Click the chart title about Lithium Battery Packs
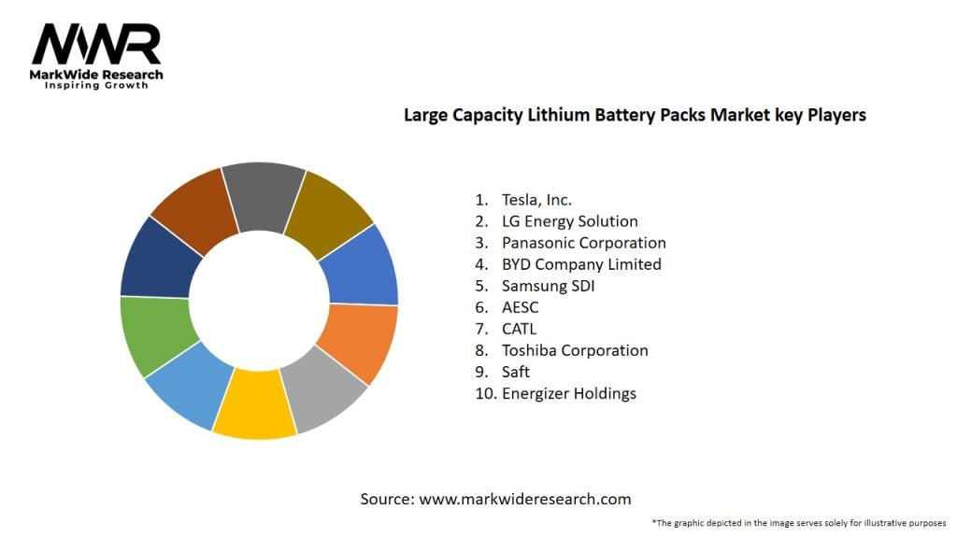tap(635, 115)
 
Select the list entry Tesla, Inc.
tap(536, 199)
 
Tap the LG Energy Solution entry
tap(569, 221)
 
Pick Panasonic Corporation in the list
tap(583, 243)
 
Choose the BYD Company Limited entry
tap(581, 264)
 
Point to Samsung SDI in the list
tap(548, 286)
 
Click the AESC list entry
tap(520, 307)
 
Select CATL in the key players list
tap(519, 329)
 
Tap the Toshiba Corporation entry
tap(574, 350)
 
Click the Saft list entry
tap(516, 372)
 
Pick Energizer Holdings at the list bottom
tap(568, 393)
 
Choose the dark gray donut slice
tap(264, 193)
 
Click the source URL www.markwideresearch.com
tap(524, 499)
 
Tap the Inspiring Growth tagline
tap(96, 85)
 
